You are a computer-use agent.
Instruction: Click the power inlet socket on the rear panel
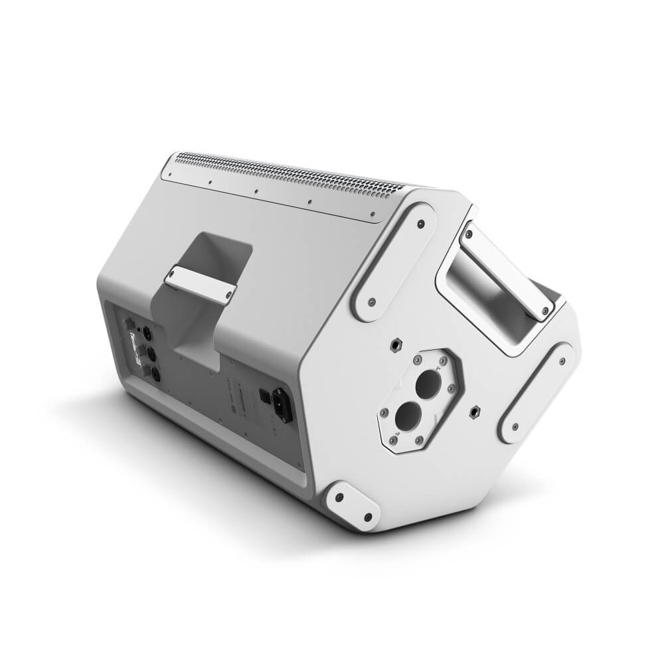click(282, 404)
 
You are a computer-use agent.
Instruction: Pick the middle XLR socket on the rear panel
click(151, 355)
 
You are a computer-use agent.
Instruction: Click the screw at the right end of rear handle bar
click(228, 292)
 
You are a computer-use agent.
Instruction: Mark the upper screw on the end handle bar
click(469, 233)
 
